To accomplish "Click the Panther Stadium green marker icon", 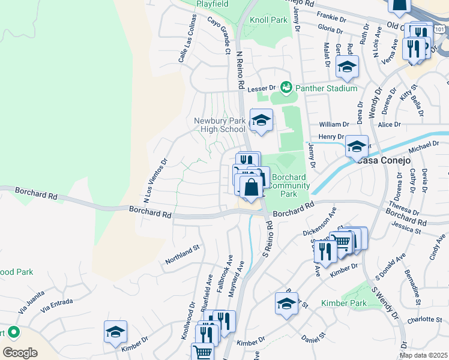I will (x=286, y=88).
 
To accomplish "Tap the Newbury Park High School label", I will (x=220, y=125).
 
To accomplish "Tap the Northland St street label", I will (x=182, y=255).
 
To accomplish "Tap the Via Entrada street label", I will (x=56, y=305).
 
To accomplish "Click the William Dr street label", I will (x=334, y=124).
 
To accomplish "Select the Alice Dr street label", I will (x=389, y=124).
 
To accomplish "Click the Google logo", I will (x=20, y=353).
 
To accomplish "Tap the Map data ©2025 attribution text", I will (x=424, y=355).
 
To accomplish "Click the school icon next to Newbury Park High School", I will (x=261, y=121).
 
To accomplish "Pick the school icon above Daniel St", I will (x=286, y=304).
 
